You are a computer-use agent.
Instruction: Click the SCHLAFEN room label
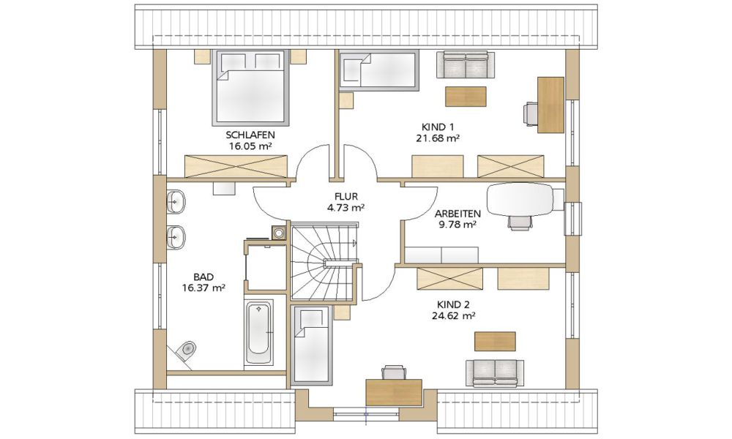[250, 135]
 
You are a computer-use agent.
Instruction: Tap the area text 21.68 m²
[438, 138]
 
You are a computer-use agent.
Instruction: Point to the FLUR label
[346, 197]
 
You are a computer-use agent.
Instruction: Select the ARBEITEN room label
[457, 214]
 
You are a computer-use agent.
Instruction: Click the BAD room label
[203, 277]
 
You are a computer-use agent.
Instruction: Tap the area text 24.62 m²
[453, 316]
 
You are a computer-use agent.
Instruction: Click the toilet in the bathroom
[184, 350]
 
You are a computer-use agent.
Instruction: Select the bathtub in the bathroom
[258, 333]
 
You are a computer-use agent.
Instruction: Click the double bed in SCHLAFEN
[250, 87]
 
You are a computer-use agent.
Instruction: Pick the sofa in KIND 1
[466, 64]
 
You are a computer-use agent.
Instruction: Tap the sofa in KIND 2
[495, 373]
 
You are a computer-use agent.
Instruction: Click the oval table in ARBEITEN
[520, 199]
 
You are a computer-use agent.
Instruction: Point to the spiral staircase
[323, 261]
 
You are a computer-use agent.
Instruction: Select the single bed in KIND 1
[378, 70]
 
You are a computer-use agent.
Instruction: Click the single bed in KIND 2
[312, 345]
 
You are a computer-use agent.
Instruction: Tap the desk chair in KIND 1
[531, 114]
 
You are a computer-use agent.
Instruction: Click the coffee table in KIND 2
[495, 341]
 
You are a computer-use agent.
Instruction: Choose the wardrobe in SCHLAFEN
[236, 166]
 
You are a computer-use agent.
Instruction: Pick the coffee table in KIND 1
[466, 96]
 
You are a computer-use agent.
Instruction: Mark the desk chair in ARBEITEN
[520, 223]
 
